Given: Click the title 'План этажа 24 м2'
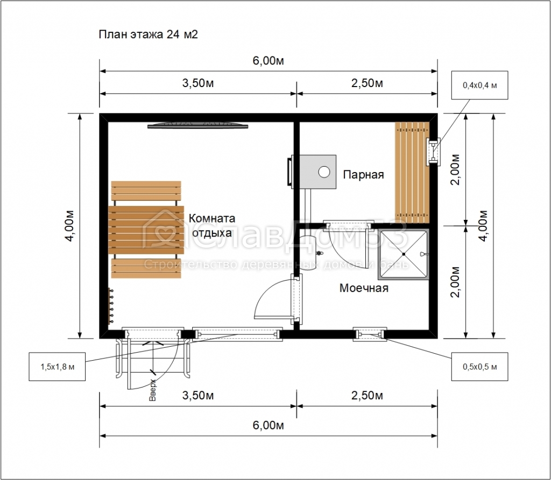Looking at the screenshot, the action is (148, 34).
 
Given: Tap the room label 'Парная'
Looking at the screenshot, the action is (363, 175).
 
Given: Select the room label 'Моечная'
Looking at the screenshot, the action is (364, 288).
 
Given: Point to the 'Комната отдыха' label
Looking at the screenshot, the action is (212, 225).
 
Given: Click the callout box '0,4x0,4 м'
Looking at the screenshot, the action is (479, 85).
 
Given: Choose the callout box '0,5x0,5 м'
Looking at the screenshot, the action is (479, 367).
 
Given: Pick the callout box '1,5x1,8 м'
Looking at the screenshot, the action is (57, 367).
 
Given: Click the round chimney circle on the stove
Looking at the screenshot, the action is (324, 171).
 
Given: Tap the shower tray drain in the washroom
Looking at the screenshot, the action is (404, 254).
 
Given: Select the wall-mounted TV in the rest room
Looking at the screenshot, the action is (197, 125).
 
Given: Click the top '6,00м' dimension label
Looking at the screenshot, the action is (268, 61).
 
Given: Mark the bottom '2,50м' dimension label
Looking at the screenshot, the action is (367, 396).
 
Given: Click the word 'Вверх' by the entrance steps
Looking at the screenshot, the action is (152, 390).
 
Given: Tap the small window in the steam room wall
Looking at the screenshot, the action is (433, 152).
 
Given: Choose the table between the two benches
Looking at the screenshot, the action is (146, 230).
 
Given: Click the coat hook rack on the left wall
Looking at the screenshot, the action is (110, 305).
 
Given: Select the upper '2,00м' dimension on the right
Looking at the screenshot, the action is (455, 169).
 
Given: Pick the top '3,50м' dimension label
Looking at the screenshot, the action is (198, 83).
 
